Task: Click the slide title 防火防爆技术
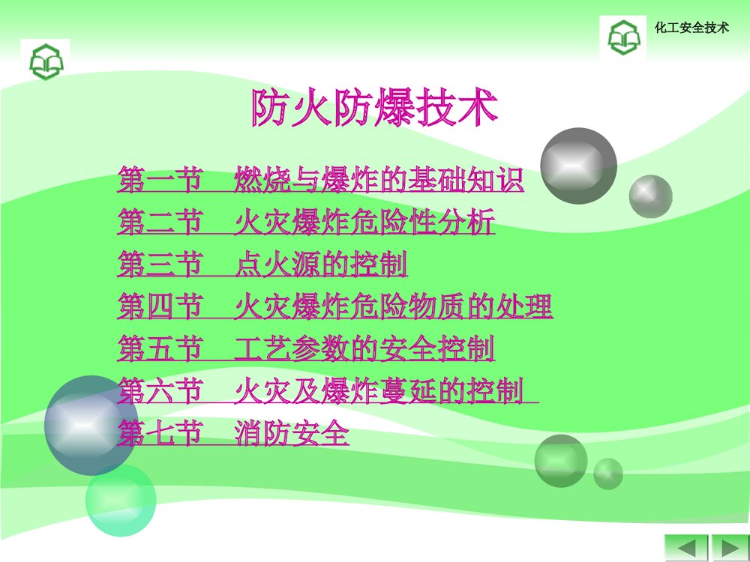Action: pos(374,109)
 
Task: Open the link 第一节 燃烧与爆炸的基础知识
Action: pos(320,181)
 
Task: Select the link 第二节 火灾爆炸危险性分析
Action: pos(306,223)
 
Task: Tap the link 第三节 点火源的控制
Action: pos(262,265)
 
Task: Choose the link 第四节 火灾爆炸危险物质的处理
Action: pos(334,306)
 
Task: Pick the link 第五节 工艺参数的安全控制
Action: pos(306,348)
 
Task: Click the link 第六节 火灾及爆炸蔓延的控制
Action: pos(327,391)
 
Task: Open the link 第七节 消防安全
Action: pos(233,433)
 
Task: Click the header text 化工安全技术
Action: pos(691,28)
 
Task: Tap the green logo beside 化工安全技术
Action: pos(622,36)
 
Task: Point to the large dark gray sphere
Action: pos(578,166)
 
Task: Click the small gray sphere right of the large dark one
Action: pos(650,196)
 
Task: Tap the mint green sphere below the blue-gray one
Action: pos(120,500)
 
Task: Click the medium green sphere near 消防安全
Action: pos(560,460)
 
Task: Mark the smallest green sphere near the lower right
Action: pos(608,474)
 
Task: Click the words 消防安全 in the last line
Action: pos(292,433)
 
